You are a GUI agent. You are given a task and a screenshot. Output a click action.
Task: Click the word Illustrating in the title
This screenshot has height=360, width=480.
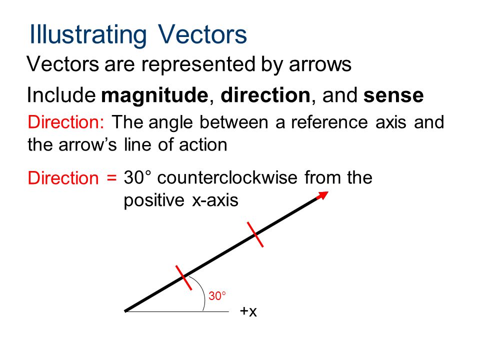[x=88, y=34]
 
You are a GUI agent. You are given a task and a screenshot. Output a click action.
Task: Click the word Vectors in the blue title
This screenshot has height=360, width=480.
[x=202, y=34]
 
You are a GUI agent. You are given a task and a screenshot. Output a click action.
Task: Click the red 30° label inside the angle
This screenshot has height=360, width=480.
[x=217, y=296]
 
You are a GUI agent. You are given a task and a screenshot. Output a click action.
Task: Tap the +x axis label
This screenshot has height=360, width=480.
[x=248, y=311]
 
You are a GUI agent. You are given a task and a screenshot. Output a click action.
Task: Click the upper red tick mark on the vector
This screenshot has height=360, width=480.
[x=255, y=234]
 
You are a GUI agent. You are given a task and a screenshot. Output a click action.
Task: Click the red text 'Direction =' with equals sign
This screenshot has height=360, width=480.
[x=72, y=178]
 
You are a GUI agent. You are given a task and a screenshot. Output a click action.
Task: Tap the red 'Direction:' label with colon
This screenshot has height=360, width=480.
[x=66, y=122]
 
